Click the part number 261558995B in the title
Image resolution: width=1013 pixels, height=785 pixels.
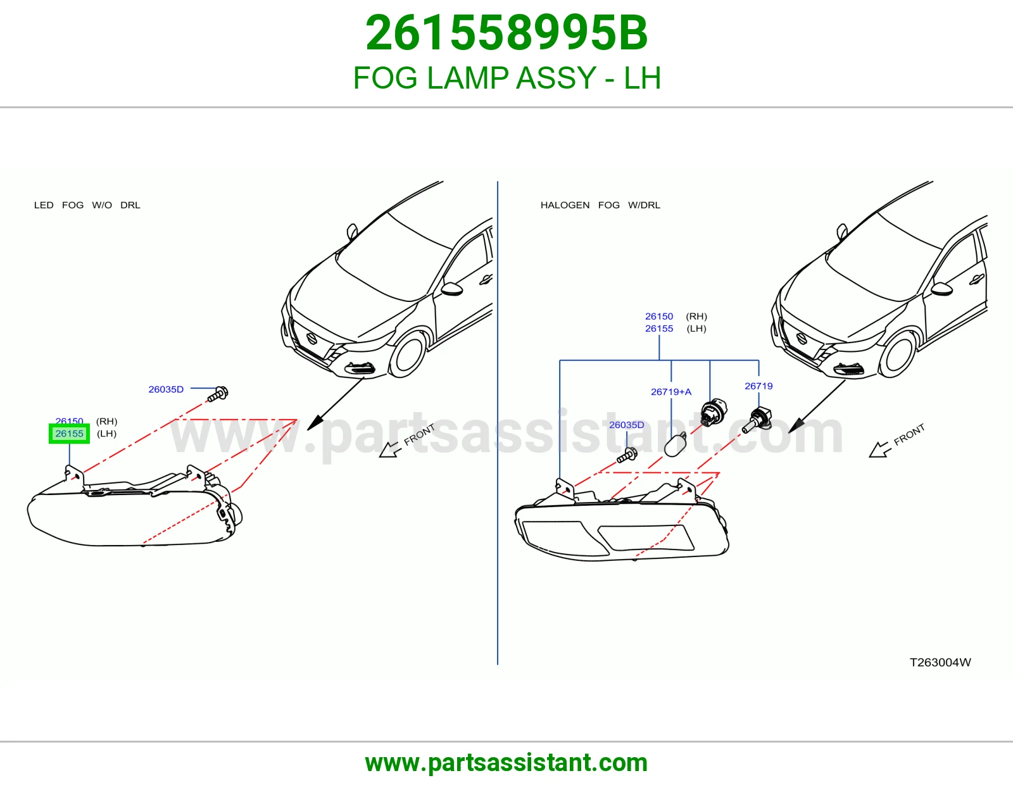click(x=507, y=33)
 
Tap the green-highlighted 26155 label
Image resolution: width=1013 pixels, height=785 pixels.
click(x=69, y=434)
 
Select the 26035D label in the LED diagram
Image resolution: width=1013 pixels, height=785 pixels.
click(x=166, y=389)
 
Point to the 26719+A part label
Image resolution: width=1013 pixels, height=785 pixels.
click(x=671, y=392)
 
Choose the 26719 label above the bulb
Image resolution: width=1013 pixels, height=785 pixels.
click(x=758, y=386)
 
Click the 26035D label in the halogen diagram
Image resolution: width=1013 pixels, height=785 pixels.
click(x=627, y=425)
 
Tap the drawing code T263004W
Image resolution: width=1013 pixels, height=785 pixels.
click(x=940, y=662)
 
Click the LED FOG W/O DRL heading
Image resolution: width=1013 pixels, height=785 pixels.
click(x=87, y=205)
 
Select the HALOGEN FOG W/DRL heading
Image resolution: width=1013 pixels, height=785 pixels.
click(x=600, y=205)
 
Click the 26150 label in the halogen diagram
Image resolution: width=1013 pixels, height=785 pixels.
click(x=658, y=316)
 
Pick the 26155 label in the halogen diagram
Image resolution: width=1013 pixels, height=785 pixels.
click(x=658, y=329)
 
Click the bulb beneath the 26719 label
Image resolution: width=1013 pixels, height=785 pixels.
click(x=757, y=419)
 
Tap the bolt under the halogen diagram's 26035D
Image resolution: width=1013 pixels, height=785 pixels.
click(x=627, y=455)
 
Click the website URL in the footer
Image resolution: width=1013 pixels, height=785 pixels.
click(x=507, y=763)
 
